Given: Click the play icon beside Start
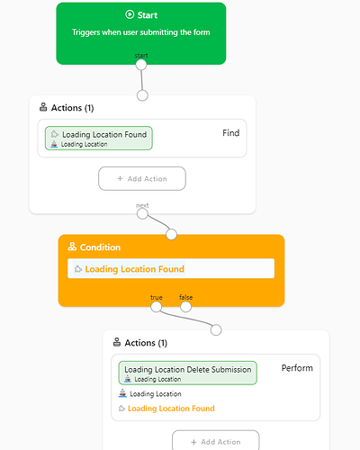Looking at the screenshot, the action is pyautogui.click(x=130, y=14).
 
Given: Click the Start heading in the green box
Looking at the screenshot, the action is pyautogui.click(x=148, y=15).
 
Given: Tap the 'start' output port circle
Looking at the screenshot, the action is pyautogui.click(x=141, y=65).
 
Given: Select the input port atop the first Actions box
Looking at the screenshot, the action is pyautogui.click(x=142, y=95).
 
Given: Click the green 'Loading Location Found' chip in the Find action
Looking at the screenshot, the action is pyautogui.click(x=99, y=138).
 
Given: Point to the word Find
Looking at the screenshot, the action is pyautogui.click(x=231, y=133).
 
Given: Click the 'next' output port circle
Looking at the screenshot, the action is pyautogui.click(x=142, y=214).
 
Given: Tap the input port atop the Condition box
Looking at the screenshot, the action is pyautogui.click(x=171, y=234).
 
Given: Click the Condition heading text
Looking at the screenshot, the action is pyautogui.click(x=100, y=247).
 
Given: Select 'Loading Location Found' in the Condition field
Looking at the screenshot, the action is pyautogui.click(x=134, y=269).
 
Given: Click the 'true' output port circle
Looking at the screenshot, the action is pyautogui.click(x=156, y=307).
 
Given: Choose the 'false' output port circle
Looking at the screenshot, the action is pyautogui.click(x=185, y=307).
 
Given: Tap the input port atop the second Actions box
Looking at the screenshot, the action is pyautogui.click(x=216, y=329).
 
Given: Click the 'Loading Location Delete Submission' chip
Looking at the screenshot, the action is pyautogui.click(x=188, y=373).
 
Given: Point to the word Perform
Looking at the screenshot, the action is pyautogui.click(x=297, y=368).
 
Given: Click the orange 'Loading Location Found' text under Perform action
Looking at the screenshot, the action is pyautogui.click(x=171, y=409).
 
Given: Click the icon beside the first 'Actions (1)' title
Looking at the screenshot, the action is pyautogui.click(x=43, y=107).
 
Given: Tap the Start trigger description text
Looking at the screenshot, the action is pyautogui.click(x=141, y=32).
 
